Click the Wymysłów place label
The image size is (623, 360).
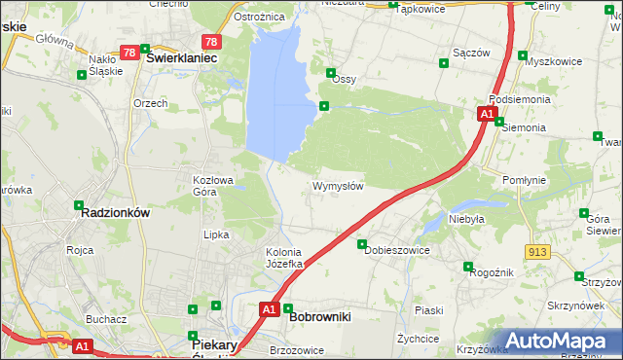point(338,186)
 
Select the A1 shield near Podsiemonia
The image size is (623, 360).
point(486,115)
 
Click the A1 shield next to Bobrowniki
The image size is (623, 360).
point(270,309)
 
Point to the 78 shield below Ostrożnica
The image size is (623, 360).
point(211,42)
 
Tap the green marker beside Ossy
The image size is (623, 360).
point(331,72)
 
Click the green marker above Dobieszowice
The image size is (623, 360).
point(362,244)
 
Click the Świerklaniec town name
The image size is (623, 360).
point(180,57)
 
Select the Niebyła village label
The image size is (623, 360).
point(466,219)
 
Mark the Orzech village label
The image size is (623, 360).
point(151,102)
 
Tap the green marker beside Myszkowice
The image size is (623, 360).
point(523,55)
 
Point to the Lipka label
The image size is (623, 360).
point(215,234)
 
